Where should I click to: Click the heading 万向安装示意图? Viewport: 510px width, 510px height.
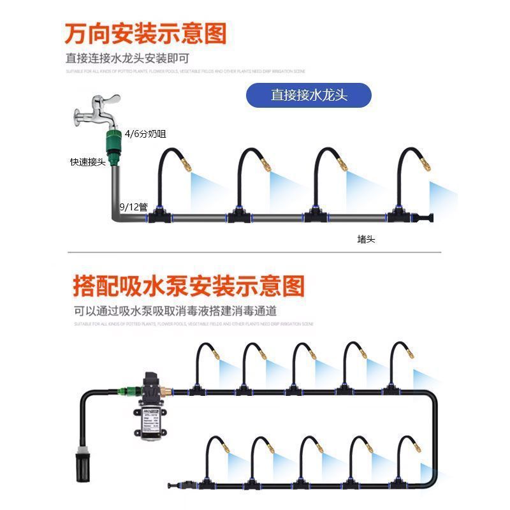[145, 33]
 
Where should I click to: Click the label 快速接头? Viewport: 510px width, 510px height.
[87, 162]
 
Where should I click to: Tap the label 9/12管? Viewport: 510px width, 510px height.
[134, 207]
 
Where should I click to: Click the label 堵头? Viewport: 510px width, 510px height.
[366, 240]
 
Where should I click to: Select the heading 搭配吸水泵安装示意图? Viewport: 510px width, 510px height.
[189, 286]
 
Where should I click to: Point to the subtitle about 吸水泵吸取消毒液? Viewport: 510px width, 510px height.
[175, 312]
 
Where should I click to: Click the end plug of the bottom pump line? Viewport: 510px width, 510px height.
[180, 483]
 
